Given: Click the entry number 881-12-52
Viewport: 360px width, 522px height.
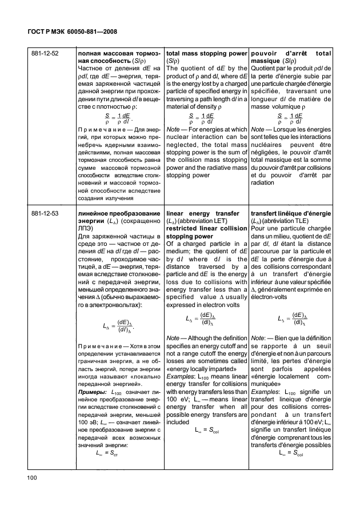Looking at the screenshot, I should pyautogui.click(x=46, y=53).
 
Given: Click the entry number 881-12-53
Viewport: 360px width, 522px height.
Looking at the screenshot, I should pyautogui.click(x=46, y=213).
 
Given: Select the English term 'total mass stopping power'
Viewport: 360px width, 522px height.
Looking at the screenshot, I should pyautogui.click(x=206, y=53).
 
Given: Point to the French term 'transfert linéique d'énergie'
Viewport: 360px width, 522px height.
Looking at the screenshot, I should pyautogui.click(x=291, y=213).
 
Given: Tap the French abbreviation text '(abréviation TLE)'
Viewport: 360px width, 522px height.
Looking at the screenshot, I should pyautogui.click(x=293, y=221).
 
